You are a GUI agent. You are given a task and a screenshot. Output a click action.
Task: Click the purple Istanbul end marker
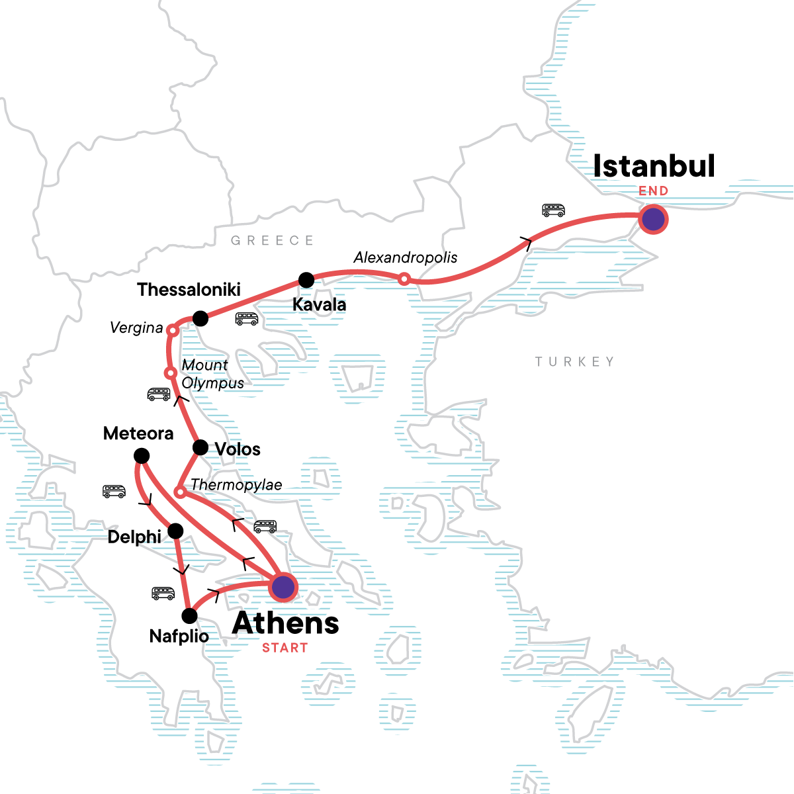[654, 219]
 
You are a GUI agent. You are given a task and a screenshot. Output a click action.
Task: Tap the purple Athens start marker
[283, 587]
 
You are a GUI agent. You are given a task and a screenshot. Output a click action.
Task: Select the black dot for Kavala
[306, 280]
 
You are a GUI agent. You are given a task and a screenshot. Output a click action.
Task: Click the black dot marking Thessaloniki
[200, 319]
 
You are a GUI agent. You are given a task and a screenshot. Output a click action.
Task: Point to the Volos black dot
[200, 448]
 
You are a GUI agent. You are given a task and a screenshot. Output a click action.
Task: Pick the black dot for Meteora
[142, 456]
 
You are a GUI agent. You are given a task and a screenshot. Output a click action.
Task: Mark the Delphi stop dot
[175, 531]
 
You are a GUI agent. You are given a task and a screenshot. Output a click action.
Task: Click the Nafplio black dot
[189, 616]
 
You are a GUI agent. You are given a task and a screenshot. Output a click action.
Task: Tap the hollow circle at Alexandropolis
[404, 280]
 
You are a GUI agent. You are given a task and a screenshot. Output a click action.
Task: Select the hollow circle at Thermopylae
[179, 492]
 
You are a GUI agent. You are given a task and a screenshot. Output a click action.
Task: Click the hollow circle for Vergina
[171, 330]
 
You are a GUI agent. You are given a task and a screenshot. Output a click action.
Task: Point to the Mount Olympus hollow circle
[170, 373]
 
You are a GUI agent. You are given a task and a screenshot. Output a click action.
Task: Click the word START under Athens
[285, 648]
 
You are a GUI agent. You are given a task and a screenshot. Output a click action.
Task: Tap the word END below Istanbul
[653, 191]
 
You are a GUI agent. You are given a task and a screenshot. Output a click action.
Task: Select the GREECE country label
[272, 241]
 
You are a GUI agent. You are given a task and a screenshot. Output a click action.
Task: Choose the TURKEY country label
[574, 362]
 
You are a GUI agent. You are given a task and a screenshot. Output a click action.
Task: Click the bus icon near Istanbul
[554, 210]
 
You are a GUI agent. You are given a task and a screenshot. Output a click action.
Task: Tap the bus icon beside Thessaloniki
[247, 319]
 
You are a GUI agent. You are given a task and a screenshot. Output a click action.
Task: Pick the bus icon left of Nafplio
[163, 593]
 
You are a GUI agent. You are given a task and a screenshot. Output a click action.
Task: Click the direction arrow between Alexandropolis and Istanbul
[527, 243]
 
